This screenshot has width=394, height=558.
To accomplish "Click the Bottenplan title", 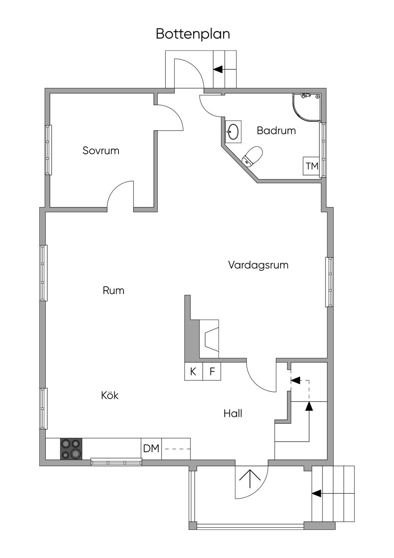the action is [193, 34].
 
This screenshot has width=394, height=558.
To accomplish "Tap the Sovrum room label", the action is [101, 150].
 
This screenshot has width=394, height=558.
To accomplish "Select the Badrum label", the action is [276, 130].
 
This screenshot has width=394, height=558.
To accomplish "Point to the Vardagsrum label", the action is [258, 265].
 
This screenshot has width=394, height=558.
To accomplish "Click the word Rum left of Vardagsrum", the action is [114, 290].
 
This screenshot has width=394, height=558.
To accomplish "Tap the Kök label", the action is [110, 395].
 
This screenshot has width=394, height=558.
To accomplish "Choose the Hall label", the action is [233, 413].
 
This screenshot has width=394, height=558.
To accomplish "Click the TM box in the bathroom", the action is [312, 166].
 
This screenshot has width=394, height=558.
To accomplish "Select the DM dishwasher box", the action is [151, 449].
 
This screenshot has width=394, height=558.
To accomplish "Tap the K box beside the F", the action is [193, 371].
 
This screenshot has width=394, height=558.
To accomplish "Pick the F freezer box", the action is [212, 371].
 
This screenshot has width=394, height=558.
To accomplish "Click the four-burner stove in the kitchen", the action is [71, 449].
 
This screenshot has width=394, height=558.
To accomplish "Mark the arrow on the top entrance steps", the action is [218, 69].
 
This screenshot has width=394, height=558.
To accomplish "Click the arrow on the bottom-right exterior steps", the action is [316, 493].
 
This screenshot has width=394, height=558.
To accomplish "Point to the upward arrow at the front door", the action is [250, 480].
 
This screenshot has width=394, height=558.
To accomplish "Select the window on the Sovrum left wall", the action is [48, 150].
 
